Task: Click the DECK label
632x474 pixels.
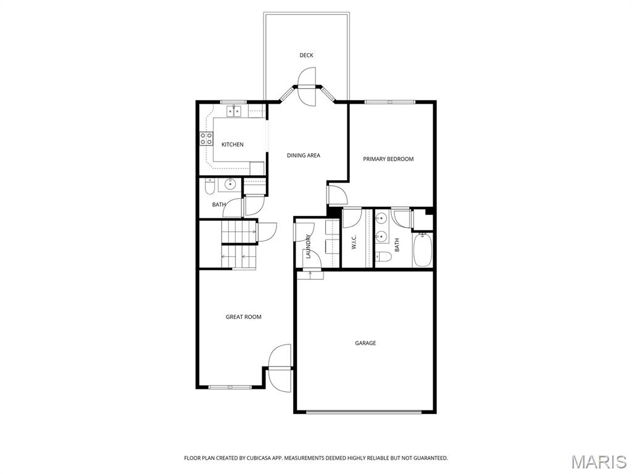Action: coord(306,55)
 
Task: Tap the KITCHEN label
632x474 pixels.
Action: coord(233,144)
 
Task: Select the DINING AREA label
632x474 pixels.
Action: coord(304,155)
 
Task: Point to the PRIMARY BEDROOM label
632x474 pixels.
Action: coord(388,159)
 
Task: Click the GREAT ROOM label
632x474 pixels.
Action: coord(243,317)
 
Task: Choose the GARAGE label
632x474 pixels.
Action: coord(365,343)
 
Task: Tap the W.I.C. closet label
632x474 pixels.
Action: coord(354,241)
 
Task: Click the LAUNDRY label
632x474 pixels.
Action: coord(309,246)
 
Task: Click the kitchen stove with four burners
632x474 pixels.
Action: coord(207,139)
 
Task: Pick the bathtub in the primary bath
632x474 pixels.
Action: coord(423,250)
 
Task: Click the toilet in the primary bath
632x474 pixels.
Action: coord(383,257)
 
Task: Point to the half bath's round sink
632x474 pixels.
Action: coord(230,184)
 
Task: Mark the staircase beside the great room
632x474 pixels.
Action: coord(239,244)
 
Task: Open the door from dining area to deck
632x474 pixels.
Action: coord(306,86)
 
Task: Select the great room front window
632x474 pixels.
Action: coord(230,388)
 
